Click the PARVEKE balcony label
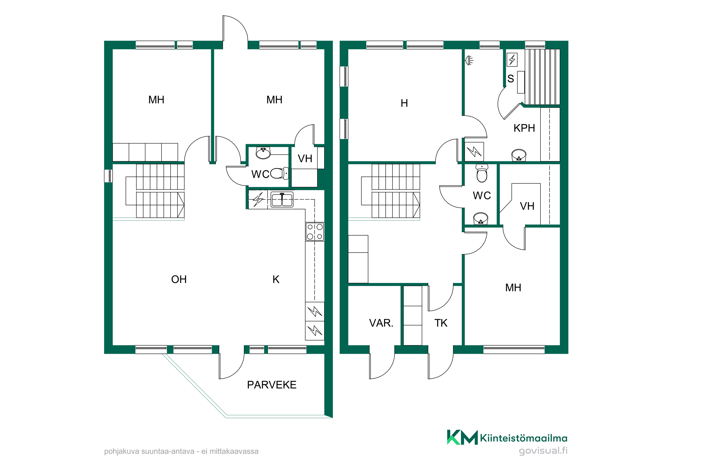coord(272,385)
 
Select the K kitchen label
coord(276,279)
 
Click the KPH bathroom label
coord(524,128)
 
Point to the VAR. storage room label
coord(381,323)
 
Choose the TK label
coord(441,323)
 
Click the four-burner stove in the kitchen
coord(315,231)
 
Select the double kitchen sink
coord(282,200)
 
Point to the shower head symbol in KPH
coord(469,61)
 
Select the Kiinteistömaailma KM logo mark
coord(462,437)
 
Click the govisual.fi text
coord(543,451)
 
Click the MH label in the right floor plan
coord(513,288)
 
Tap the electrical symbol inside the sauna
coord(512,59)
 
